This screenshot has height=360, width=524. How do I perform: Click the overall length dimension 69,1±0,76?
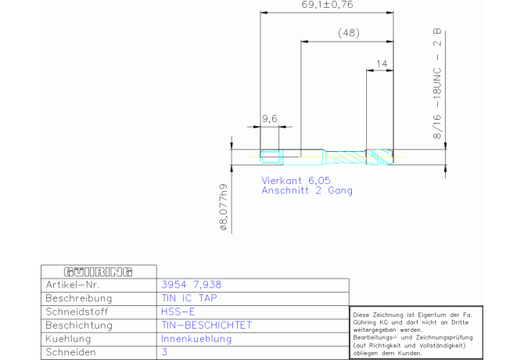pyautogui.click(x=327, y=5)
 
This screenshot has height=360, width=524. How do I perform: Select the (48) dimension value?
pyautogui.click(x=349, y=33)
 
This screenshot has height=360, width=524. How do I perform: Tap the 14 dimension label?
pyautogui.click(x=382, y=63)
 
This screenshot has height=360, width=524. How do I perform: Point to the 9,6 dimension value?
pyautogui.click(x=270, y=119)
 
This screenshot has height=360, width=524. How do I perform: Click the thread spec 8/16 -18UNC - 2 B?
pyautogui.click(x=437, y=84)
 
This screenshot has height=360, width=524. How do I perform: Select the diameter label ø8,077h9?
pyautogui.click(x=223, y=207)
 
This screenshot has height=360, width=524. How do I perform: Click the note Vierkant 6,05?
pyautogui.click(x=296, y=181)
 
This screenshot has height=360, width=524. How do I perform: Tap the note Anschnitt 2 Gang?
pyautogui.click(x=307, y=190)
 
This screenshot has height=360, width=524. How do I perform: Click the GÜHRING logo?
pyautogui.click(x=99, y=272)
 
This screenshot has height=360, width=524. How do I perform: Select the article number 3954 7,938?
pyautogui.click(x=192, y=285)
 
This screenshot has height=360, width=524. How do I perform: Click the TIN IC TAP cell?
pyautogui.click(x=189, y=298)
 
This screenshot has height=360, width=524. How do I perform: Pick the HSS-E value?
pyautogui.click(x=178, y=311)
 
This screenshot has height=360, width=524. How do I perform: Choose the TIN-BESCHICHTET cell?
pyautogui.click(x=206, y=326)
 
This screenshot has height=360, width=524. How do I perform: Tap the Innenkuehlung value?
pyautogui.click(x=196, y=339)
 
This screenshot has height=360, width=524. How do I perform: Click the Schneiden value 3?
pyautogui.click(x=164, y=352)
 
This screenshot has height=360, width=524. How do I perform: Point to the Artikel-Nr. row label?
pyautogui.click(x=73, y=285)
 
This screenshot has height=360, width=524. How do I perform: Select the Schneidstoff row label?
pyautogui.click(x=77, y=311)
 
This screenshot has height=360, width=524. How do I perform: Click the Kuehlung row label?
pyautogui.click(x=68, y=339)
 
